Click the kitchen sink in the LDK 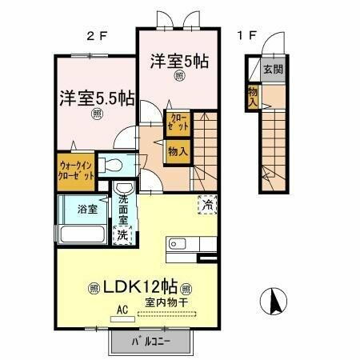click(x=178, y=244)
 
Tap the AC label click(x=122, y=307)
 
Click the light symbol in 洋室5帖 click(x=179, y=76)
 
